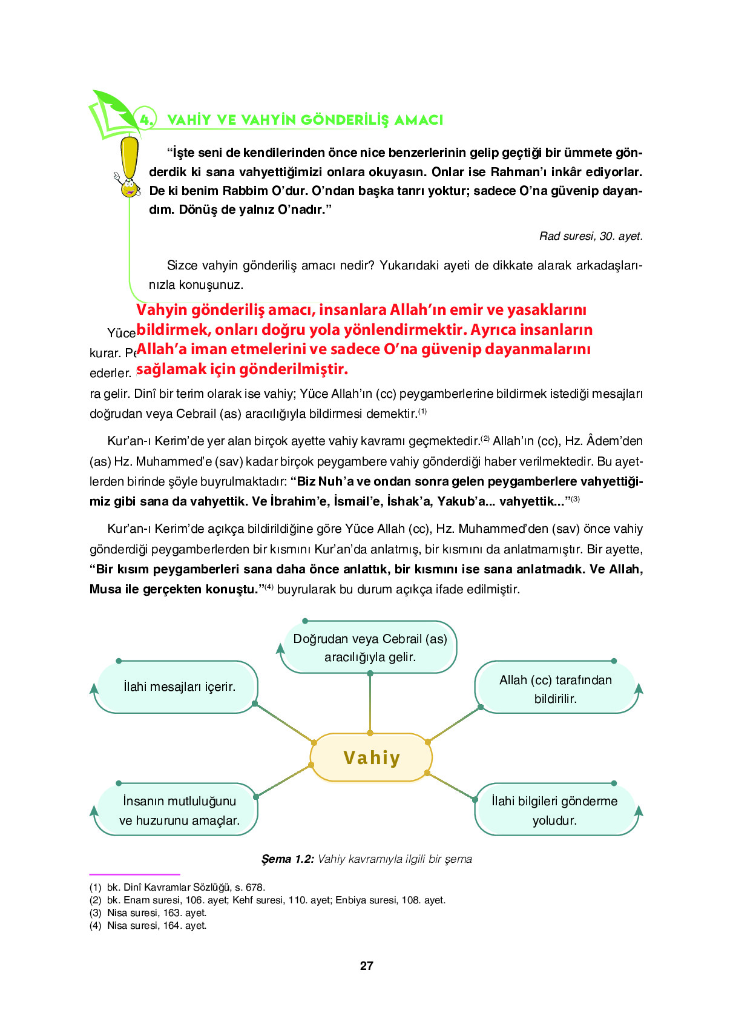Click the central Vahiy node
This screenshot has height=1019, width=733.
click(371, 757)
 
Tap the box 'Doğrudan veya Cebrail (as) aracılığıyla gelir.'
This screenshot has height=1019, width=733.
click(369, 647)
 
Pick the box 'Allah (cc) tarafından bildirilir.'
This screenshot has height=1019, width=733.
click(555, 688)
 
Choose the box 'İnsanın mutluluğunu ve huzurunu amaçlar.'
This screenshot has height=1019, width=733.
click(178, 810)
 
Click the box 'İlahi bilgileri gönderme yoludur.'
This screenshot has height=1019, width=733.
click(554, 810)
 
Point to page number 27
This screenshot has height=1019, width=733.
click(367, 966)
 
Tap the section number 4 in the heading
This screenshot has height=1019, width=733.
click(145, 119)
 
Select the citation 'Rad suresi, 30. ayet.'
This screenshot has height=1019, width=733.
click(591, 236)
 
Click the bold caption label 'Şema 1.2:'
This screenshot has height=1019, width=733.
click(288, 859)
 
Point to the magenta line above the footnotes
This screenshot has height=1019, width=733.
click(134, 874)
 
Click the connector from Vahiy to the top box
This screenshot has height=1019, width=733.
click(370, 703)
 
